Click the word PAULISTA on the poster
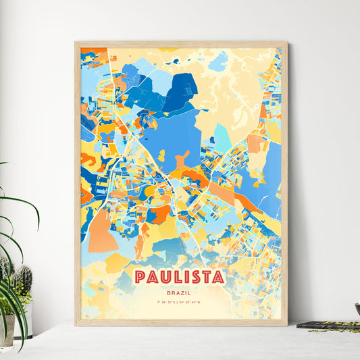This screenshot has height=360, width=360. click(180, 277)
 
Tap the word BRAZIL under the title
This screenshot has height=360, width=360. click(180, 292)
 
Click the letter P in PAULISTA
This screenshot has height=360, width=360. click(140, 277)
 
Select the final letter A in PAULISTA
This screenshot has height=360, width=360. click(218, 277)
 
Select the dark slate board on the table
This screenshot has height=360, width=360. click(327, 326)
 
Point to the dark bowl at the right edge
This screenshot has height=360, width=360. click(357, 309)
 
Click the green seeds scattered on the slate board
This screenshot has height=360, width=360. click(338, 328)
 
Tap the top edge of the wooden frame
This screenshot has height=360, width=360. click(180, 44)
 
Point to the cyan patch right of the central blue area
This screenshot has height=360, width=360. click(222, 138)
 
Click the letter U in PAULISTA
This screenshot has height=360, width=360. click(165, 277)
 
